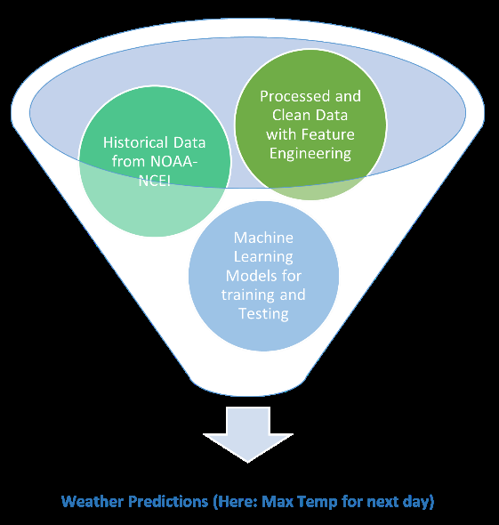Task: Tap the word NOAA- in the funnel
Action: pyautogui.click(x=174, y=162)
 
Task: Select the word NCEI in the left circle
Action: pyautogui.click(x=155, y=181)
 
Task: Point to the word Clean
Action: pyautogui.click(x=291, y=115)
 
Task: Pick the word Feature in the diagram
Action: pyautogui.click(x=327, y=134)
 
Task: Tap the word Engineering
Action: pyautogui.click(x=310, y=154)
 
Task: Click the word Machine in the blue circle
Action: pyautogui.click(x=263, y=238)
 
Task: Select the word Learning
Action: pyautogui.click(x=263, y=257)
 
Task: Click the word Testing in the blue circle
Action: pyautogui.click(x=263, y=314)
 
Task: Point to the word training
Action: pyautogui.click(x=248, y=295)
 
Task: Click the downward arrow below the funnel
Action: pyautogui.click(x=248, y=434)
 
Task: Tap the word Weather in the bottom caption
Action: pyautogui.click(x=93, y=502)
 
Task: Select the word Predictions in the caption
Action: pyautogui.click(x=169, y=502)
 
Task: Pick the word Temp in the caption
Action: pyautogui.click(x=318, y=502)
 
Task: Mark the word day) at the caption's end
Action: pyautogui.click(x=418, y=502)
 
